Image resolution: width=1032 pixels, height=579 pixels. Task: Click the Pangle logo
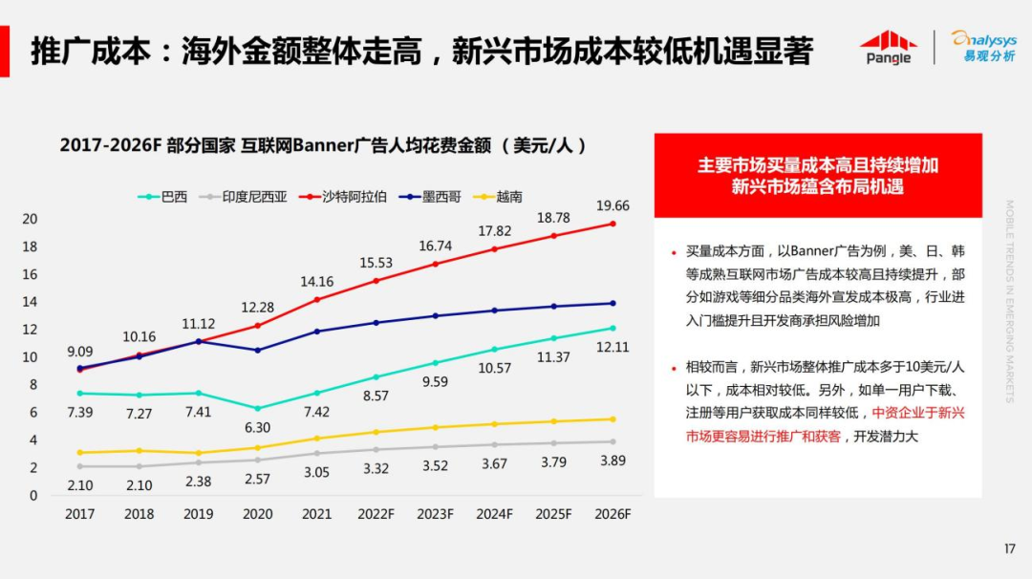[888, 47]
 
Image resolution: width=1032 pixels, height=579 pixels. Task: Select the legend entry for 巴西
[163, 197]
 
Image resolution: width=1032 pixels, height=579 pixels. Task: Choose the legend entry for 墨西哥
[430, 197]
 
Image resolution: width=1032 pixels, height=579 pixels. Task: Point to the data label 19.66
[613, 205]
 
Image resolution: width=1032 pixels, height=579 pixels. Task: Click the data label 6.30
[257, 428]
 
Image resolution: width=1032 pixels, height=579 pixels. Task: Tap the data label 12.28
[257, 307]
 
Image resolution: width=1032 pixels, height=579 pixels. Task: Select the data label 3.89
[613, 461]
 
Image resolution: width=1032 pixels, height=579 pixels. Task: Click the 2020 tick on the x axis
[257, 514]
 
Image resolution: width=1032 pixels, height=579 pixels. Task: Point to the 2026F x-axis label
[613, 514]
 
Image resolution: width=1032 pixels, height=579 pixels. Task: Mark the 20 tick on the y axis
[31, 219]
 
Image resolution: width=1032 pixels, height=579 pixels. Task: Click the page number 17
[1009, 548]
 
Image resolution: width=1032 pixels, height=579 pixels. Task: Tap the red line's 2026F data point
[613, 224]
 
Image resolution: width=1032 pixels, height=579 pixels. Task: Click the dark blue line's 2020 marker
[258, 350]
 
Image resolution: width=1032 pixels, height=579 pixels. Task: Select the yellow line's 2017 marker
[79, 453]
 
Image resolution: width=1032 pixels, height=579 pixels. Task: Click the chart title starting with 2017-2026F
[322, 145]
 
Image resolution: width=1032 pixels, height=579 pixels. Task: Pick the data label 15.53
[376, 262]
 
